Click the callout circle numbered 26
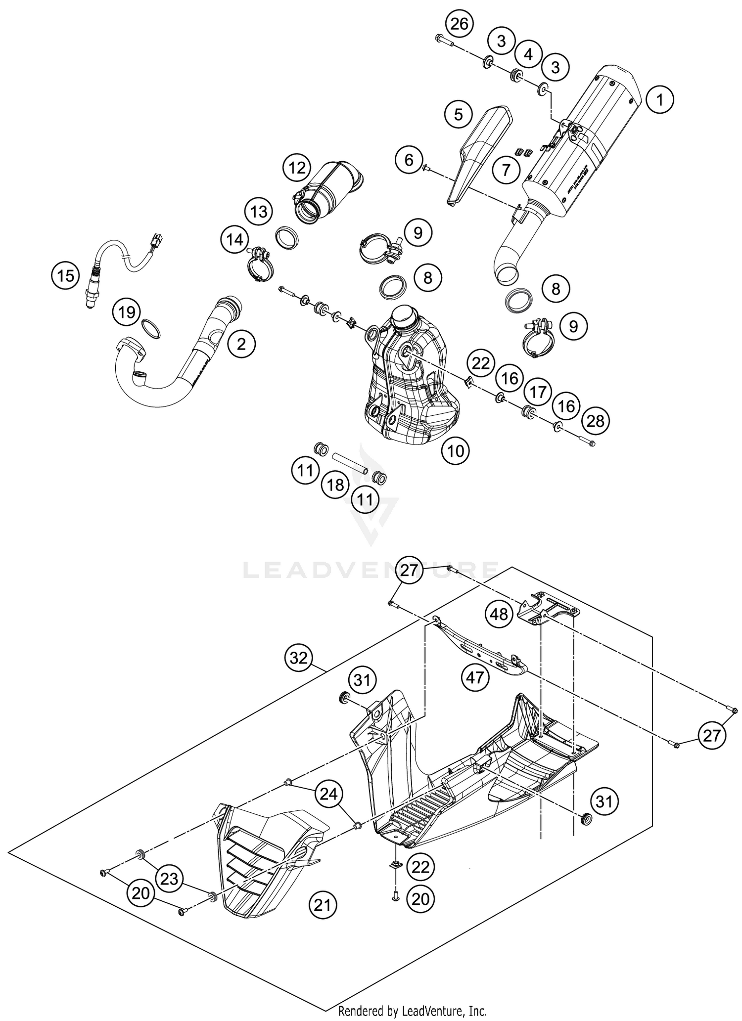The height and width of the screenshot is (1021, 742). [459, 24]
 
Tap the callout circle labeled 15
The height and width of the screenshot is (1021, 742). [65, 275]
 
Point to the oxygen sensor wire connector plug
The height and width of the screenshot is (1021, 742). [158, 240]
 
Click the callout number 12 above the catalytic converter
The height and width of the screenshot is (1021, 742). [297, 168]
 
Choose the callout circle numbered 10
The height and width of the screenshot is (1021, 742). [456, 450]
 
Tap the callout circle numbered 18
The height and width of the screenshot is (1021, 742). [335, 485]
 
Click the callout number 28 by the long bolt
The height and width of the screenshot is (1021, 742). [596, 421]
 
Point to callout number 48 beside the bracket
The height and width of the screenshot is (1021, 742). [499, 614]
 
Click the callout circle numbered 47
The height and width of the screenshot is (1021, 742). [475, 677]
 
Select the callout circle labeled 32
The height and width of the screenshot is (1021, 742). [299, 658]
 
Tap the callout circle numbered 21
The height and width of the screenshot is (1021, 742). [323, 905]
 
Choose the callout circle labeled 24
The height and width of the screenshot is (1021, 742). [329, 794]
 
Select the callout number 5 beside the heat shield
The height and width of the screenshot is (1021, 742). [458, 115]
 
